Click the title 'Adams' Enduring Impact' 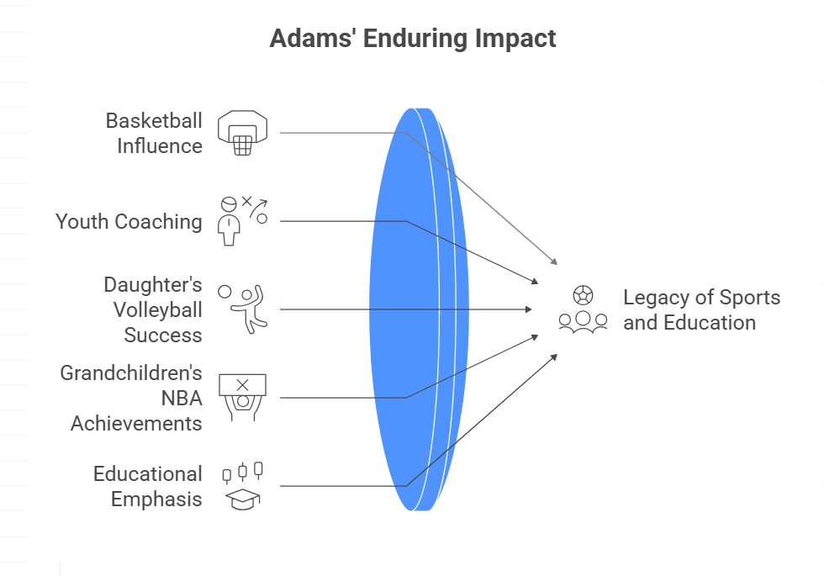412,39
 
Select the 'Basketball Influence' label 154,133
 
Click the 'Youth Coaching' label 129,221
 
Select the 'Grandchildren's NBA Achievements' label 131,398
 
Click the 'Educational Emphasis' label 148,486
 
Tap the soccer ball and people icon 583,309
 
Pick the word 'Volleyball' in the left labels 158,309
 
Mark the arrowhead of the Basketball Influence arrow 554,262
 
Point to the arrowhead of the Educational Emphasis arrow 555,357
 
